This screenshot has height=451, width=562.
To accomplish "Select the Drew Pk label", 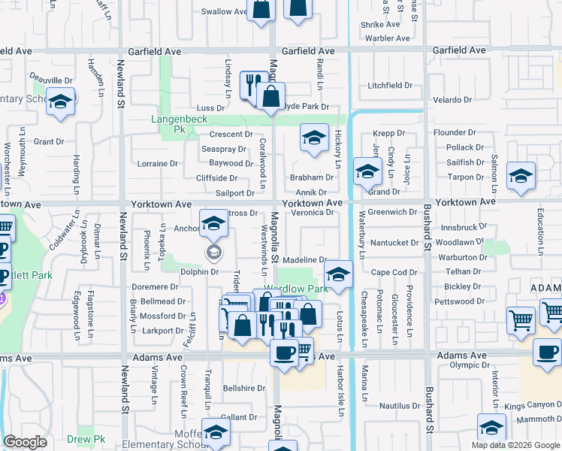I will (89, 439).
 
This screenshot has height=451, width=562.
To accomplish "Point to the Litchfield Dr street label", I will (390, 86).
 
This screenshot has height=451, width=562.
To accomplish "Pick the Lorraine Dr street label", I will (158, 163).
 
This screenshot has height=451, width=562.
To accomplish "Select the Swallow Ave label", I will (225, 12).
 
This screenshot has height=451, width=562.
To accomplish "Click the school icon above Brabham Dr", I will (315, 138).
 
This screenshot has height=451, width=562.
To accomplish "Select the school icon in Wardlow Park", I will (339, 274).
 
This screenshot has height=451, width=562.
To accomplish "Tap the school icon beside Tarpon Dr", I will (521, 176).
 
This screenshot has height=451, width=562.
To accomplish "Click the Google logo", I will (26, 442).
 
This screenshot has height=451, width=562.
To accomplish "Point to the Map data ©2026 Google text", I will (515, 445).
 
